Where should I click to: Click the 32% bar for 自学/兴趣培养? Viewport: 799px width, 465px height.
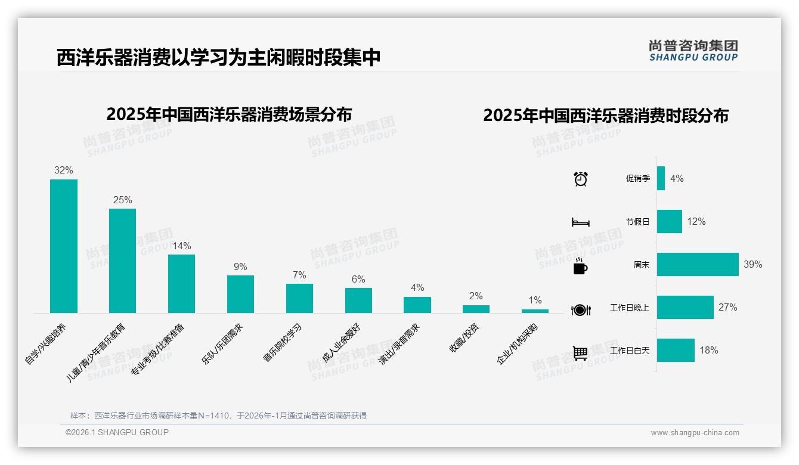(x=64, y=246)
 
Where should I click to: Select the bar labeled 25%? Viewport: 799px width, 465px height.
(x=122, y=261)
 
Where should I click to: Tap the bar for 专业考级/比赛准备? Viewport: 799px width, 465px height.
(x=181, y=284)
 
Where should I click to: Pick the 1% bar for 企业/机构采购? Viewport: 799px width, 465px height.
(x=535, y=311)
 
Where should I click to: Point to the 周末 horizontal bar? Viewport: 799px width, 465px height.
(x=698, y=264)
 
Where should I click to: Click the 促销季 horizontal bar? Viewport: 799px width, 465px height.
(x=661, y=178)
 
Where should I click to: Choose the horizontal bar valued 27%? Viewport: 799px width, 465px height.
(x=685, y=307)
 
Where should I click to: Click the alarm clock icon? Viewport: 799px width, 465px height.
(x=580, y=179)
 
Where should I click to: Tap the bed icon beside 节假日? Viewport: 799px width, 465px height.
(x=580, y=222)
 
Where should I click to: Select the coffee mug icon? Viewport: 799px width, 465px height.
(x=580, y=266)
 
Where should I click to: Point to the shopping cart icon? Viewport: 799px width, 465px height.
(x=580, y=353)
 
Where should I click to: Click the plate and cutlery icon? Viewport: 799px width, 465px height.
(x=580, y=309)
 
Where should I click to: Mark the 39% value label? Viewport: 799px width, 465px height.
(x=752, y=264)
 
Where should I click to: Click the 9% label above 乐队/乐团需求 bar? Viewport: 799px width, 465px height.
(x=240, y=266)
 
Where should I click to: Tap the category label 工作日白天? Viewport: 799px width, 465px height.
(x=630, y=351)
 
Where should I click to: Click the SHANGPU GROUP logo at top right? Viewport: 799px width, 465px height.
(x=693, y=51)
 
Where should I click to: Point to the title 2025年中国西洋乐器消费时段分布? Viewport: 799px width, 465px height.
(x=606, y=116)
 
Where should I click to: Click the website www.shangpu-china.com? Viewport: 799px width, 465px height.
(x=695, y=433)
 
